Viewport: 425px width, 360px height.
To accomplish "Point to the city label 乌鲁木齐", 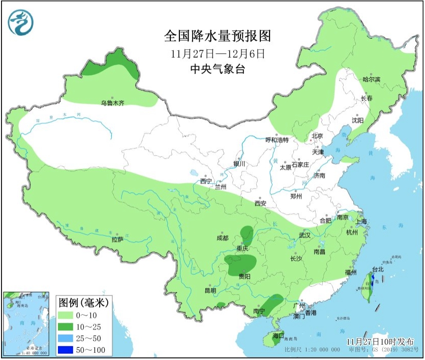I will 112,103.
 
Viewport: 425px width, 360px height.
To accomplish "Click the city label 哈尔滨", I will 371,79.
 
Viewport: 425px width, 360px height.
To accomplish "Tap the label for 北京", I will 317,136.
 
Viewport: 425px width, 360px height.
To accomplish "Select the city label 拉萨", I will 117,239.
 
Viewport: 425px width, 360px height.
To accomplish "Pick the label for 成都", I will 222,238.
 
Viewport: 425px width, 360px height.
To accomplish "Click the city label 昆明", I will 210,291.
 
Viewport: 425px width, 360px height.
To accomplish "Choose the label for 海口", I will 278,336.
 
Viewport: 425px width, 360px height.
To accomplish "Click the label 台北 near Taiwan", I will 378,270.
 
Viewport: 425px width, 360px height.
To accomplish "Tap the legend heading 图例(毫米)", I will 81,303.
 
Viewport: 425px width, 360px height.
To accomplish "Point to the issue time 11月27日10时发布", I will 380,341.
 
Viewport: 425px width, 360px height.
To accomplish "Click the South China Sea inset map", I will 26,323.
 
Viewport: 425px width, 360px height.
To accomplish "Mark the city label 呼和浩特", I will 278,140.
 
